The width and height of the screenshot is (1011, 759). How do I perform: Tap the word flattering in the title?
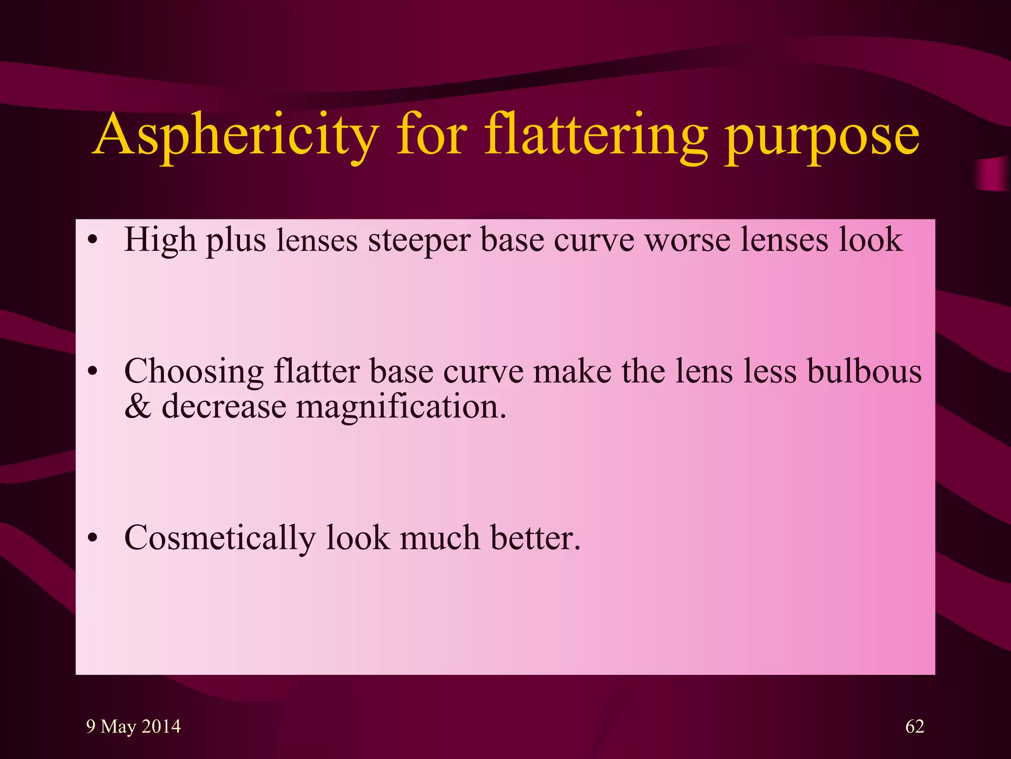click(595, 135)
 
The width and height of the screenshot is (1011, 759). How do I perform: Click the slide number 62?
click(915, 726)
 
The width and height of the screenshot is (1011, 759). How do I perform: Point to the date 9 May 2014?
click(133, 726)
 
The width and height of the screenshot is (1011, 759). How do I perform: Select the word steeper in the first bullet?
click(419, 241)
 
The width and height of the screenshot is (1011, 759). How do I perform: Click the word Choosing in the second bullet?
click(194, 372)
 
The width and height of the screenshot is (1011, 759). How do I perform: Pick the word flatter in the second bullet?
click(316, 371)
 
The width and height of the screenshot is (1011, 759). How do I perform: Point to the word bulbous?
click(864, 371)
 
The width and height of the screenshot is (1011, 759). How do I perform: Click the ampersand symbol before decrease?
click(138, 406)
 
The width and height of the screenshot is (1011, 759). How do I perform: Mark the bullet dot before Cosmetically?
click(93, 539)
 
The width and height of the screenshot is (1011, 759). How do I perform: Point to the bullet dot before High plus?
click(93, 241)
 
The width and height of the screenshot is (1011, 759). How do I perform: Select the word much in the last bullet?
click(440, 537)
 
